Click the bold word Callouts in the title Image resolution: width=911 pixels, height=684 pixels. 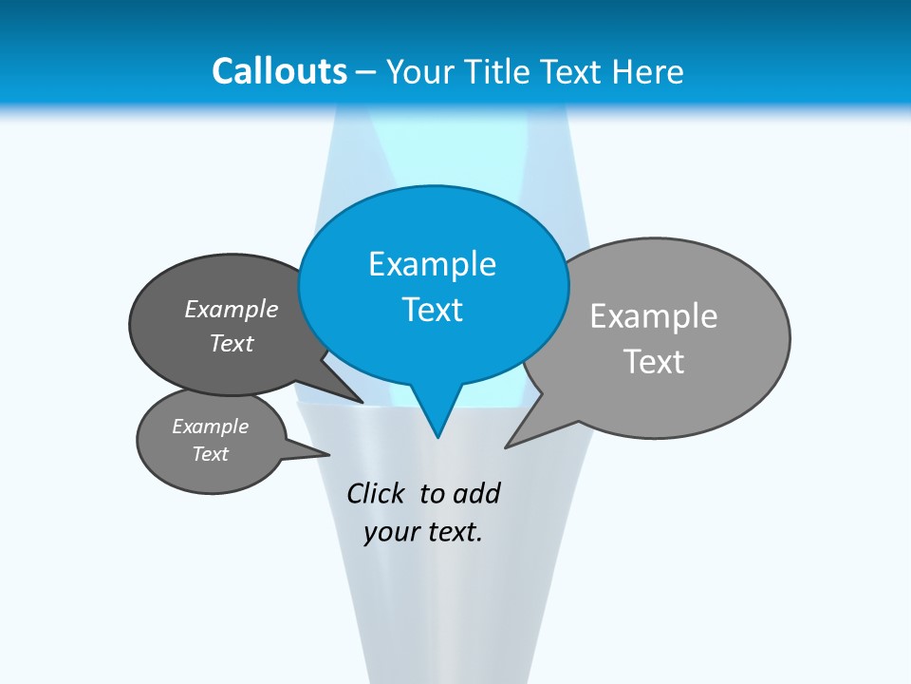point(279,71)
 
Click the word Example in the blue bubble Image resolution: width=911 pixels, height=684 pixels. point(432,264)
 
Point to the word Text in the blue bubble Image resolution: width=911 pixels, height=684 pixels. point(432,310)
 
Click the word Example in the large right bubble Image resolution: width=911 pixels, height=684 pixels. point(654,316)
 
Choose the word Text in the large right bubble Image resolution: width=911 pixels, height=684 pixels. point(654,362)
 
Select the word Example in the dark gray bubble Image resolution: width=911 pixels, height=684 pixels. point(231,309)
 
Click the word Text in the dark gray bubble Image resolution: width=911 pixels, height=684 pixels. point(231,343)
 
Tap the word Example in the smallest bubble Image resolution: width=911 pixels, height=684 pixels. point(210,427)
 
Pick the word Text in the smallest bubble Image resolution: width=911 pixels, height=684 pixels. point(210,454)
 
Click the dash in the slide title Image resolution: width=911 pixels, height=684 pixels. point(367,72)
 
